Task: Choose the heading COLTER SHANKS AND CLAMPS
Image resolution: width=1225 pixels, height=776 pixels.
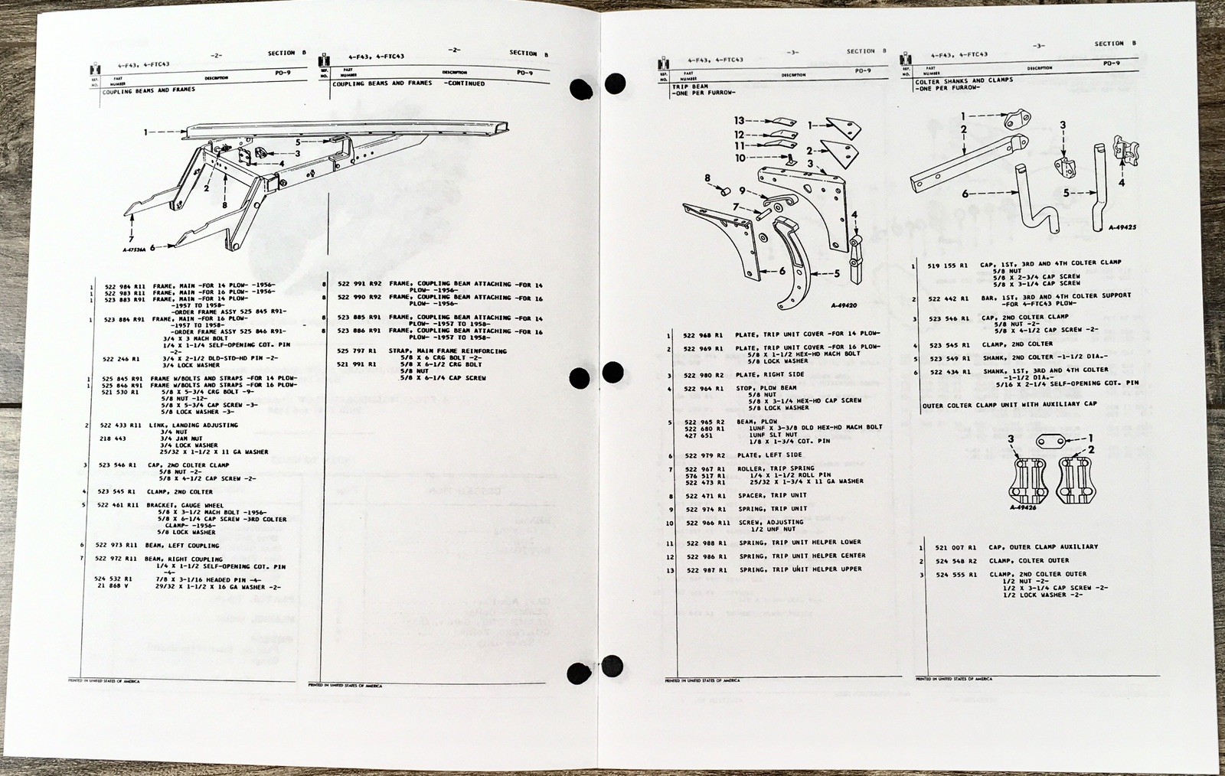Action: click(963, 80)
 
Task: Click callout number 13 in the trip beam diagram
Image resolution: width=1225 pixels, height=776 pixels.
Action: click(739, 121)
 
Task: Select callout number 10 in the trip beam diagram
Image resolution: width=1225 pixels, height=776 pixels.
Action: click(740, 158)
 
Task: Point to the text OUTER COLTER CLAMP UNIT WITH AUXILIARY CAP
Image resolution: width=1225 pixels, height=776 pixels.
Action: click(1010, 404)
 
